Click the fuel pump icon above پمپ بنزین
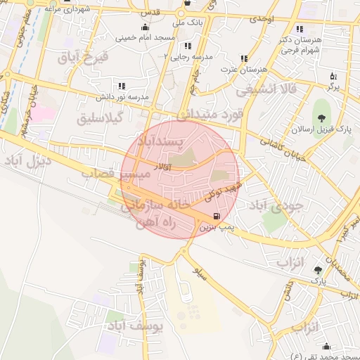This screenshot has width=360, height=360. pos(215,216)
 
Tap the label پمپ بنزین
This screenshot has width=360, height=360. pos(214,227)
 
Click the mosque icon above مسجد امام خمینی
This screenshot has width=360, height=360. pos(146,27)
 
